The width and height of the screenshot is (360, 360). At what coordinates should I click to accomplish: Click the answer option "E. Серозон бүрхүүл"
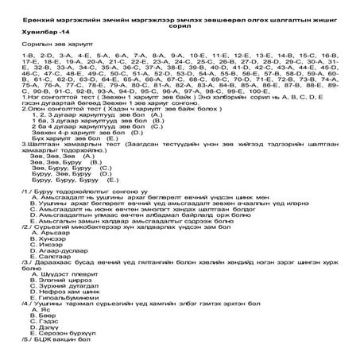coord(64,350)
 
